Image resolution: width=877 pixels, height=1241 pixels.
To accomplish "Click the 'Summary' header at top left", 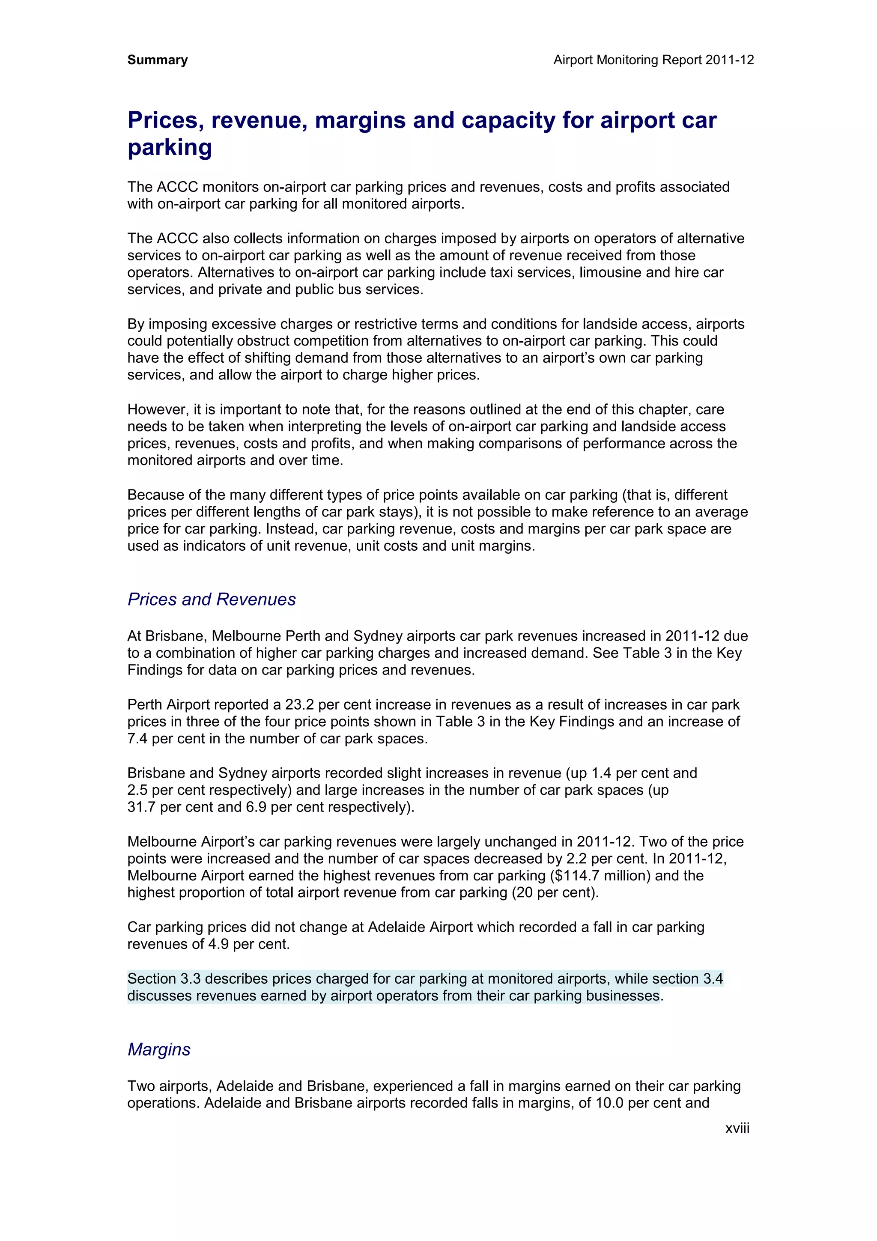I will coord(157,60).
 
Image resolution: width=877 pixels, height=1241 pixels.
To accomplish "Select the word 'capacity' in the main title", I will coord(508,120).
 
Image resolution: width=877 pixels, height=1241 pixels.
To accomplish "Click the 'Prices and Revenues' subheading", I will coord(211,599).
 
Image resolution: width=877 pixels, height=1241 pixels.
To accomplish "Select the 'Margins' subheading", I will coord(159,1049).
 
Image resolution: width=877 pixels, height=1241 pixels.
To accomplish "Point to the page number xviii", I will coord(737,1128).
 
